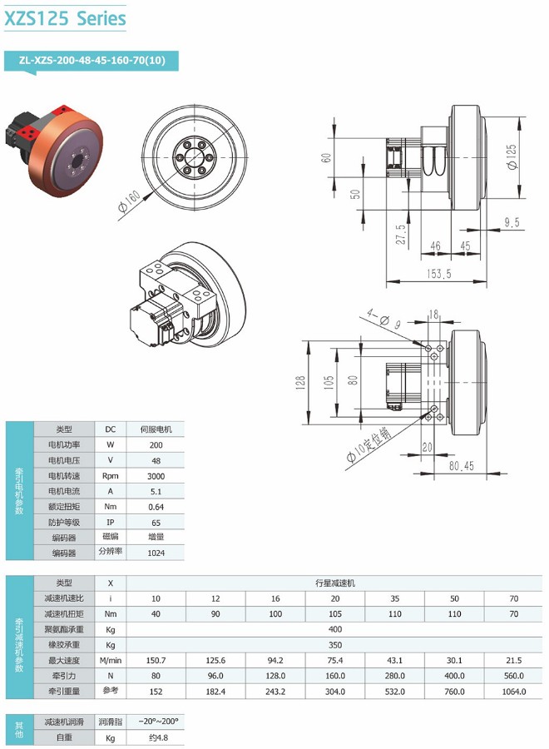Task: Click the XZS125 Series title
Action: (x=65, y=18)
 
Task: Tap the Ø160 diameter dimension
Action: (x=131, y=200)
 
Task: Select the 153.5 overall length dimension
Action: (x=438, y=274)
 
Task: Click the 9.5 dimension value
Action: (x=512, y=222)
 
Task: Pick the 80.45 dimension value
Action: (x=461, y=466)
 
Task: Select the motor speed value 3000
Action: (x=156, y=477)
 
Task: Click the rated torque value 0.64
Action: (x=156, y=507)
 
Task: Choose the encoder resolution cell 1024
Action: (x=156, y=553)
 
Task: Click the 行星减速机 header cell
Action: (x=335, y=583)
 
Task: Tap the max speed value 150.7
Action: (x=156, y=660)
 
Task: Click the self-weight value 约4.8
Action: (x=156, y=737)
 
